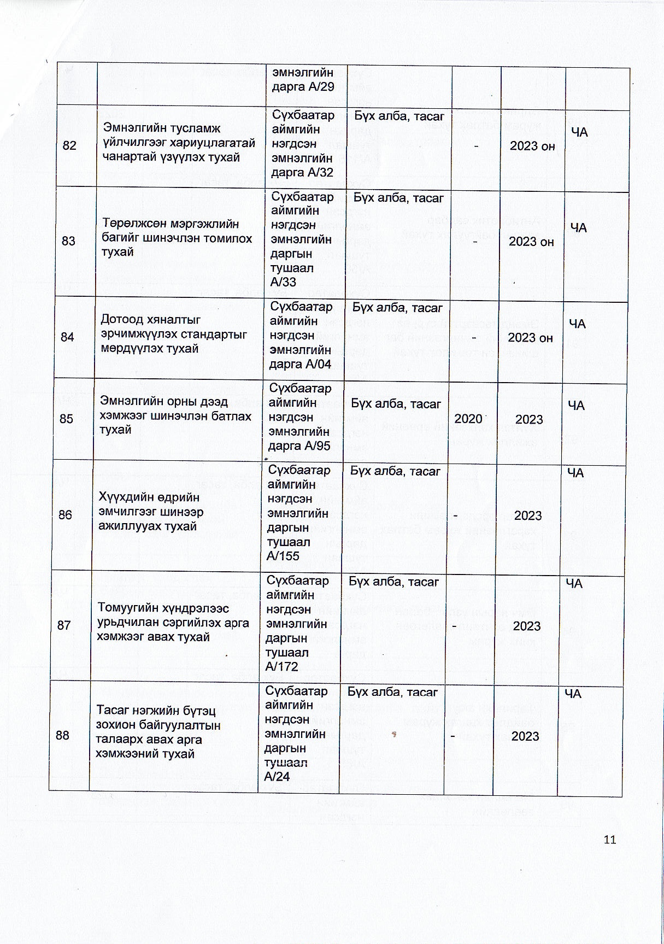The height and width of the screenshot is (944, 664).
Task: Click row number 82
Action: click(x=69, y=145)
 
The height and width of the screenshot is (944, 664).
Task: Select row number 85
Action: click(x=66, y=419)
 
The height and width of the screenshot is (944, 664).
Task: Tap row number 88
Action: click(x=62, y=735)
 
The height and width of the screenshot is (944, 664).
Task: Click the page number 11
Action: click(x=610, y=840)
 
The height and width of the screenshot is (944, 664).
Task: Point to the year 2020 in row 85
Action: click(x=468, y=419)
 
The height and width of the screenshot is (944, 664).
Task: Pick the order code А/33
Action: click(x=284, y=282)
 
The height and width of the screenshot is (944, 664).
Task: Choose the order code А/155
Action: click(x=283, y=556)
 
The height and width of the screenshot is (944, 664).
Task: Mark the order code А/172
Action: click(x=281, y=666)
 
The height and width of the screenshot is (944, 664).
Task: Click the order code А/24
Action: click(x=277, y=777)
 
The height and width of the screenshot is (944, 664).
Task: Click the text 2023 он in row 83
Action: click(x=531, y=242)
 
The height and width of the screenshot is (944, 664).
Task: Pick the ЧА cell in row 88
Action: click(x=572, y=694)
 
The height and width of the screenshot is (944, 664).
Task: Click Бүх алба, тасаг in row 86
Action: click(x=395, y=471)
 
